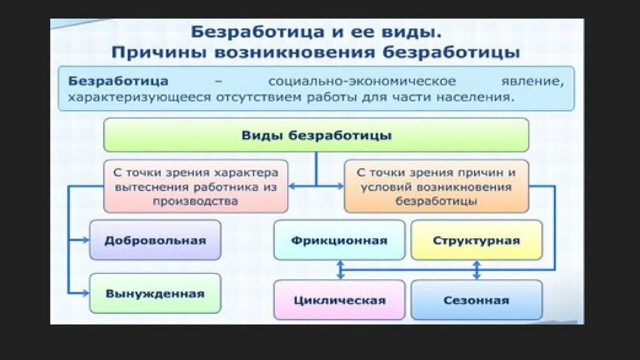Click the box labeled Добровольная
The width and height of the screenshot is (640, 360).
pyautogui.click(x=155, y=240)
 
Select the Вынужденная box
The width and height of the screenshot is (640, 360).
pyautogui.click(x=155, y=293)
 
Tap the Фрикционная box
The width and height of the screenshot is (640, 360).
pyautogui.click(x=339, y=240)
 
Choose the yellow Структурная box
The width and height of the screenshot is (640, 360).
pyautogui.click(x=476, y=240)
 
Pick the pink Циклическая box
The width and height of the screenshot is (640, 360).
pyautogui.click(x=339, y=300)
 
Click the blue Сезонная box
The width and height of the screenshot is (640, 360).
pyautogui.click(x=476, y=300)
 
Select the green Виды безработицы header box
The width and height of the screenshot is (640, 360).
pyautogui.click(x=316, y=135)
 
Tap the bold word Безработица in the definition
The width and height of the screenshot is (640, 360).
pyautogui.click(x=118, y=81)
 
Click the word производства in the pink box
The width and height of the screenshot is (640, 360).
pyautogui.click(x=195, y=201)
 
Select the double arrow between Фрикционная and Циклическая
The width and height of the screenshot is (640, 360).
pyautogui.click(x=340, y=269)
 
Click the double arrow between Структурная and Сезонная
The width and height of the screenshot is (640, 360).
pyautogui.click(x=477, y=269)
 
